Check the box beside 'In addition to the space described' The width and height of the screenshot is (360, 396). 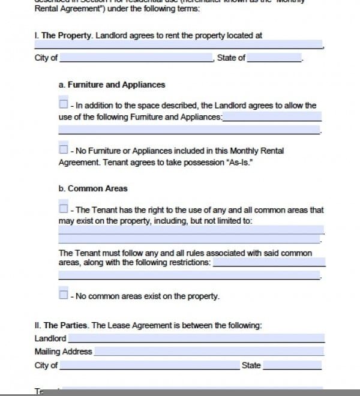[x=63, y=104]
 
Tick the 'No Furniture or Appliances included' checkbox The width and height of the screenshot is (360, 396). [x=63, y=149]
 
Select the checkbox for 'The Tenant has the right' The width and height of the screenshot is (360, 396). [x=63, y=208]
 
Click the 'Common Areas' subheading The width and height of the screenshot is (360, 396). [x=97, y=188]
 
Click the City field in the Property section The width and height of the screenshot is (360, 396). [x=136, y=58]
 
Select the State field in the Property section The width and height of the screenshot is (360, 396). [x=274, y=58]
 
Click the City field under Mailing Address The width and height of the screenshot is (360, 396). [x=149, y=365]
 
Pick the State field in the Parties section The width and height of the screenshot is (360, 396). [x=292, y=365]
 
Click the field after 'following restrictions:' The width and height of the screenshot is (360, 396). [x=269, y=263]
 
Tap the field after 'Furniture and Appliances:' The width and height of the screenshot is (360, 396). [x=272, y=117]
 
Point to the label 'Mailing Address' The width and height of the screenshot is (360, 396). [x=63, y=352]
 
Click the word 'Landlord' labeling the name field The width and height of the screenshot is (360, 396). [x=50, y=338]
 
